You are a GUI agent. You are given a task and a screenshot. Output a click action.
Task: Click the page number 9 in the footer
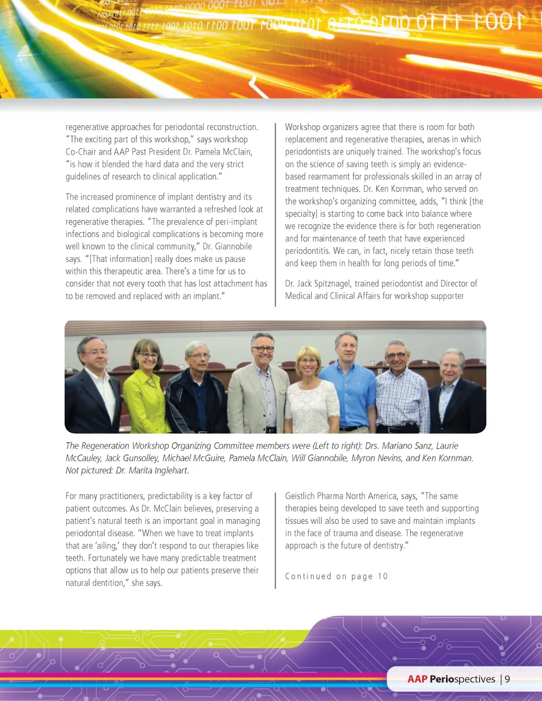click(507, 679)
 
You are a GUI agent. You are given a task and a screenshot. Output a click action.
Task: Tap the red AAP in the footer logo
click(417, 679)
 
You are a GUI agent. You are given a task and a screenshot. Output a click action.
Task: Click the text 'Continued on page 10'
click(336, 576)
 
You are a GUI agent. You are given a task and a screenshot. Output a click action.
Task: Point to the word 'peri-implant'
click(236, 222)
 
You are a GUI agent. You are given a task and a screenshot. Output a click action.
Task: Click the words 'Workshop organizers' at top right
click(320, 127)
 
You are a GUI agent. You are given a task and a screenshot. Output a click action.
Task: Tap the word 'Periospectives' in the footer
click(462, 679)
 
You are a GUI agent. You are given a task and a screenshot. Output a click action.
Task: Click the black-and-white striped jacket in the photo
click(196, 402)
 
